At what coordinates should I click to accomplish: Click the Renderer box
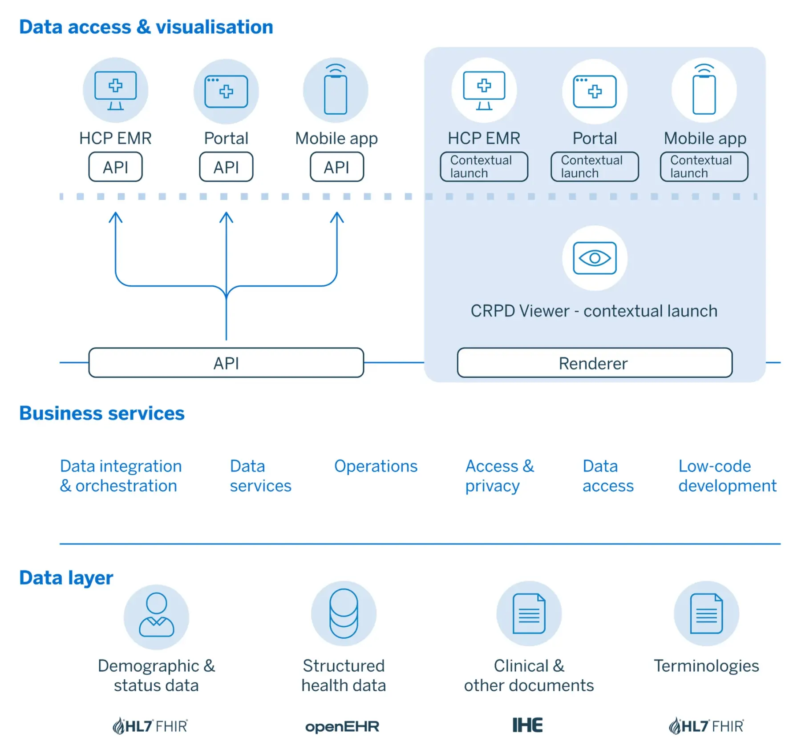[x=594, y=363]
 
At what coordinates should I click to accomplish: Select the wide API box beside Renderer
[x=226, y=363]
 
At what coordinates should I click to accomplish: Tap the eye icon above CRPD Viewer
[x=595, y=258]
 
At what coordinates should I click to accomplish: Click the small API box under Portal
[x=226, y=167]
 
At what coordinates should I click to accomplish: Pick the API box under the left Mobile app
[x=336, y=167]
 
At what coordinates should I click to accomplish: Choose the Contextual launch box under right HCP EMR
[x=484, y=167]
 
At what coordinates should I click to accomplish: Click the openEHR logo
[x=342, y=727]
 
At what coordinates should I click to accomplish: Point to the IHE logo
[x=528, y=725]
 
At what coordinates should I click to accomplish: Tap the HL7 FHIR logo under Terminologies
[x=706, y=726]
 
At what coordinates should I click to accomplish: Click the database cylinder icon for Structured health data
[x=344, y=613]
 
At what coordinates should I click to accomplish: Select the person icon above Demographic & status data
[x=156, y=616]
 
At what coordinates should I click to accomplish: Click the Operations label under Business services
[x=376, y=466]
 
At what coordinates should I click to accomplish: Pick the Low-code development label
[x=727, y=476]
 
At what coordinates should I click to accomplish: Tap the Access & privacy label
[x=499, y=476]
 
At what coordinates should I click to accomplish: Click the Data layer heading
[x=66, y=578]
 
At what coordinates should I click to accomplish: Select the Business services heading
[x=101, y=413]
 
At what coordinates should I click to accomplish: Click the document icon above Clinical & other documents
[x=529, y=613]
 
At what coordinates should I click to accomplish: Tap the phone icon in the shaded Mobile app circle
[x=704, y=92]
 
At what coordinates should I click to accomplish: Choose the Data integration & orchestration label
[x=121, y=476]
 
